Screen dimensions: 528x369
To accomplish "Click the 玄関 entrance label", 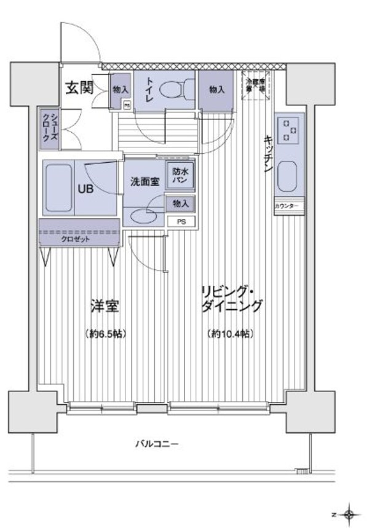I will [79, 88].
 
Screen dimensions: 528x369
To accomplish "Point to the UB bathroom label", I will [85, 189].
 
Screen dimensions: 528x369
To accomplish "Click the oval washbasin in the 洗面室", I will [144, 215].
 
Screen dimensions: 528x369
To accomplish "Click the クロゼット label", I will [77, 239].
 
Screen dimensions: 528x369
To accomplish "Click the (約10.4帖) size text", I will [231, 334].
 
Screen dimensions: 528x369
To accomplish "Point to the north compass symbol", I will [349, 512].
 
